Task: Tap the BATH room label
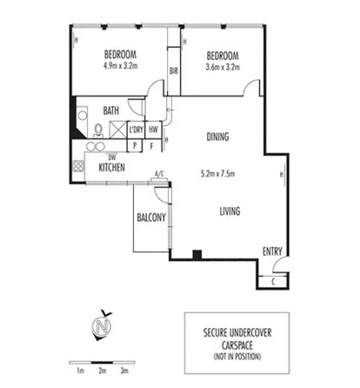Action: (111, 110)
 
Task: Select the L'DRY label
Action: (136, 130)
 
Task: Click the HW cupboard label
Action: (153, 130)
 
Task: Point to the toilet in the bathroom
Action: (99, 130)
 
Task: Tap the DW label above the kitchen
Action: (111, 157)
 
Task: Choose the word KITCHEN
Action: (113, 167)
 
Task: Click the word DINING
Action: (218, 137)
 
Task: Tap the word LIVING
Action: (230, 211)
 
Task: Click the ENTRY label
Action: (272, 252)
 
